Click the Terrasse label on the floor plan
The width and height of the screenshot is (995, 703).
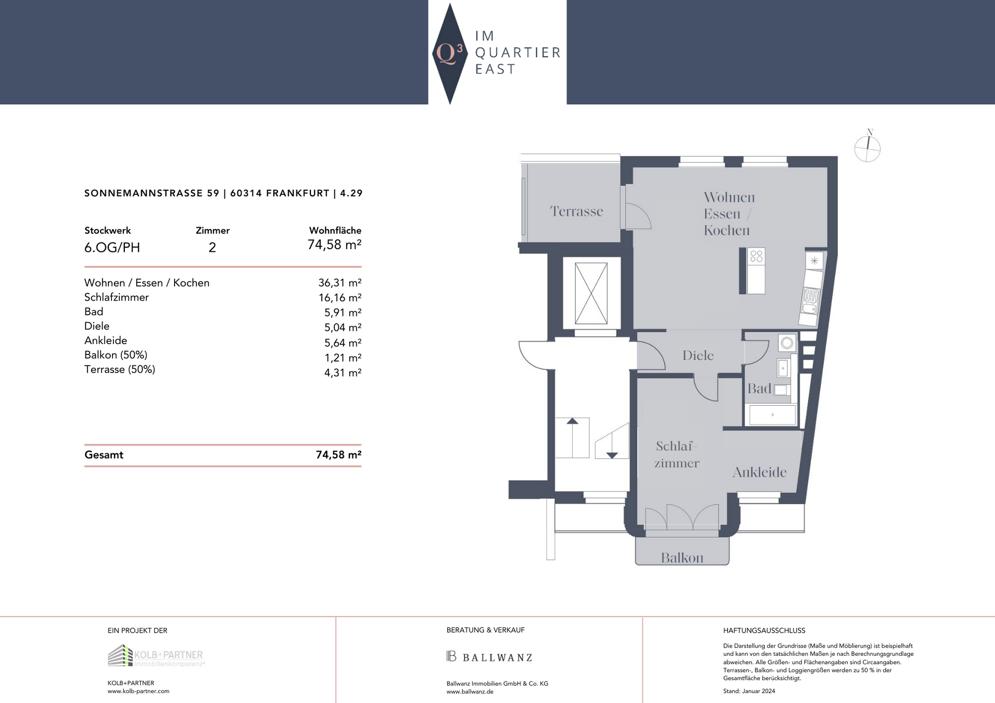click(x=576, y=211)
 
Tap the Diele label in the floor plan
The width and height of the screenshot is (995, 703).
click(x=698, y=355)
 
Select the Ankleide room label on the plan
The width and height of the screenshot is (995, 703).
click(x=759, y=472)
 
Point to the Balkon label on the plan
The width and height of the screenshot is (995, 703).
click(x=682, y=558)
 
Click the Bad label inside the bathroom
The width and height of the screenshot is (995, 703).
click(x=759, y=389)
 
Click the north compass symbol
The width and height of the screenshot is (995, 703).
click(x=868, y=147)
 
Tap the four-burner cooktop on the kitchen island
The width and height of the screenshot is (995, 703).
click(x=756, y=256)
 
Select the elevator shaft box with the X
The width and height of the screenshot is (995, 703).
click(x=591, y=293)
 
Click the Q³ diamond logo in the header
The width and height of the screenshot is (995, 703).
click(x=449, y=53)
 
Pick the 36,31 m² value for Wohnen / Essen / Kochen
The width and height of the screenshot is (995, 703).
click(x=339, y=283)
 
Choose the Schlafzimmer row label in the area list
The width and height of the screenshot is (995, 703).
click(x=117, y=297)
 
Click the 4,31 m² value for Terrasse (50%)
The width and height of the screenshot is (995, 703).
click(x=343, y=372)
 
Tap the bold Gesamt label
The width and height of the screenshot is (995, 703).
click(x=104, y=455)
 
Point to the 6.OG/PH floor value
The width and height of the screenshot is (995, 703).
click(x=112, y=248)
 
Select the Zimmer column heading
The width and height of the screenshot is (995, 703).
click(x=212, y=231)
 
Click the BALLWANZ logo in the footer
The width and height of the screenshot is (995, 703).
click(x=489, y=657)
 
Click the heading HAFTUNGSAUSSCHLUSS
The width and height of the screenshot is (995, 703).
click(x=764, y=630)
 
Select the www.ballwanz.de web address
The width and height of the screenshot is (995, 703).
click(x=470, y=692)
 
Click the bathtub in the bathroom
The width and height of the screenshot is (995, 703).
click(x=772, y=415)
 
